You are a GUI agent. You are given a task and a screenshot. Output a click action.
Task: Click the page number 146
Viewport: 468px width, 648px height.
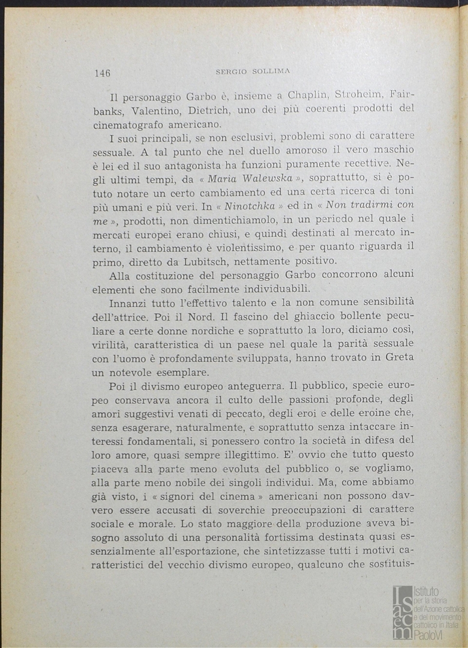[102, 73]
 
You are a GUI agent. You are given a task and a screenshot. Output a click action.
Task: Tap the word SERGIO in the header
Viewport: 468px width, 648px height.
[230, 71]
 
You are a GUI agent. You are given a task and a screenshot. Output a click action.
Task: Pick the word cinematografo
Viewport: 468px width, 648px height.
[128, 125]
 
